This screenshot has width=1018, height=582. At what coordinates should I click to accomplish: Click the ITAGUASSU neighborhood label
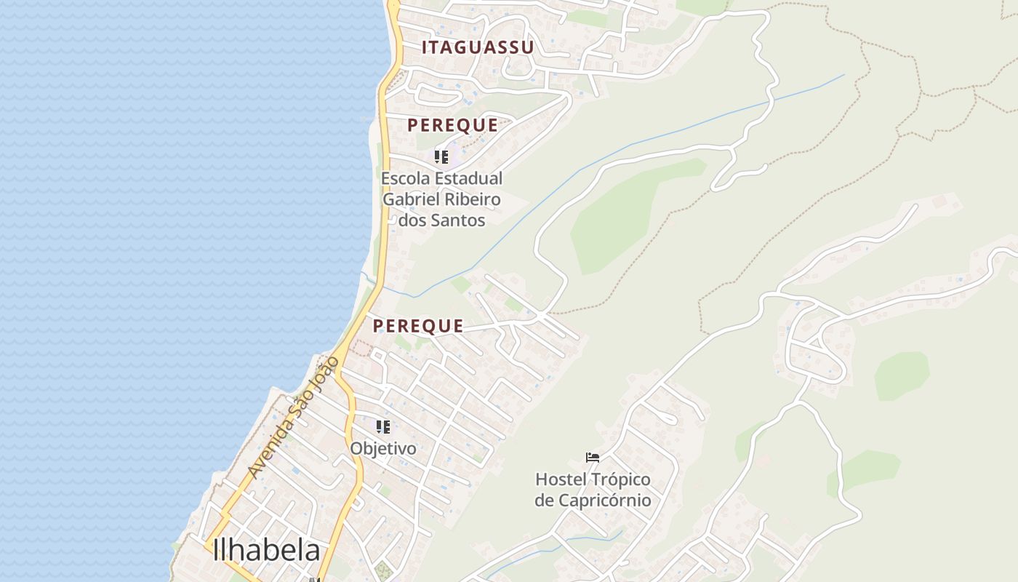[478, 48]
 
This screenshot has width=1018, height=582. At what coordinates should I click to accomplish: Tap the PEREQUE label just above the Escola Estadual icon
[452, 125]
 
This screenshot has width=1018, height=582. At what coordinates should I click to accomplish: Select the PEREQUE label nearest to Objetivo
[418, 326]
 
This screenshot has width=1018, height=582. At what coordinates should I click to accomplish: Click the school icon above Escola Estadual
[441, 157]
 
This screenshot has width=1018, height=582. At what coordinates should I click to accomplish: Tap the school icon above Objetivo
[383, 427]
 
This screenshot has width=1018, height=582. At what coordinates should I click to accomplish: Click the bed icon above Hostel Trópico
[593, 458]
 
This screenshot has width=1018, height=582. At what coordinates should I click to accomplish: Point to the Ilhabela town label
[266, 551]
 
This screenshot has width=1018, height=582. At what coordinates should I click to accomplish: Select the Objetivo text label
[383, 449]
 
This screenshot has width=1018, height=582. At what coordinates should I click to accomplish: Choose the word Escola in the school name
[406, 178]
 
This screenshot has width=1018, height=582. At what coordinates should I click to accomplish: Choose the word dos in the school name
[413, 220]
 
